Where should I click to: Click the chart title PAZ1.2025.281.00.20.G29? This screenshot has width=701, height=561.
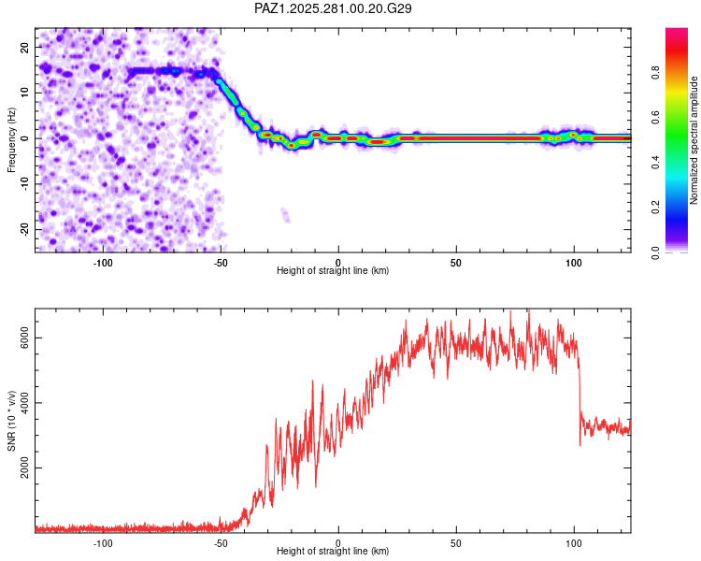coord(334,8)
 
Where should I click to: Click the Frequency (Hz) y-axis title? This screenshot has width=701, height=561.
coord(12,139)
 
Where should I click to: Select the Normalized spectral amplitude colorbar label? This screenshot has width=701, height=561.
coord(694,140)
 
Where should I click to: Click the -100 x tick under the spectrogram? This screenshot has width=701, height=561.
coord(103,261)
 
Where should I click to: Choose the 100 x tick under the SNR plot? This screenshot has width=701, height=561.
coord(573,542)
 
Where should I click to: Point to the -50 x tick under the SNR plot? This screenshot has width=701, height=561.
coord(221,542)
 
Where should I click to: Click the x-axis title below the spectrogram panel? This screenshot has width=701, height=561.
coord(333,271)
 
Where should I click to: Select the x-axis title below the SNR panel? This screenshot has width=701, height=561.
coord(333,553)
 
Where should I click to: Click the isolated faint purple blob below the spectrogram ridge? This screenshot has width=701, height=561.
coord(285,216)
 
